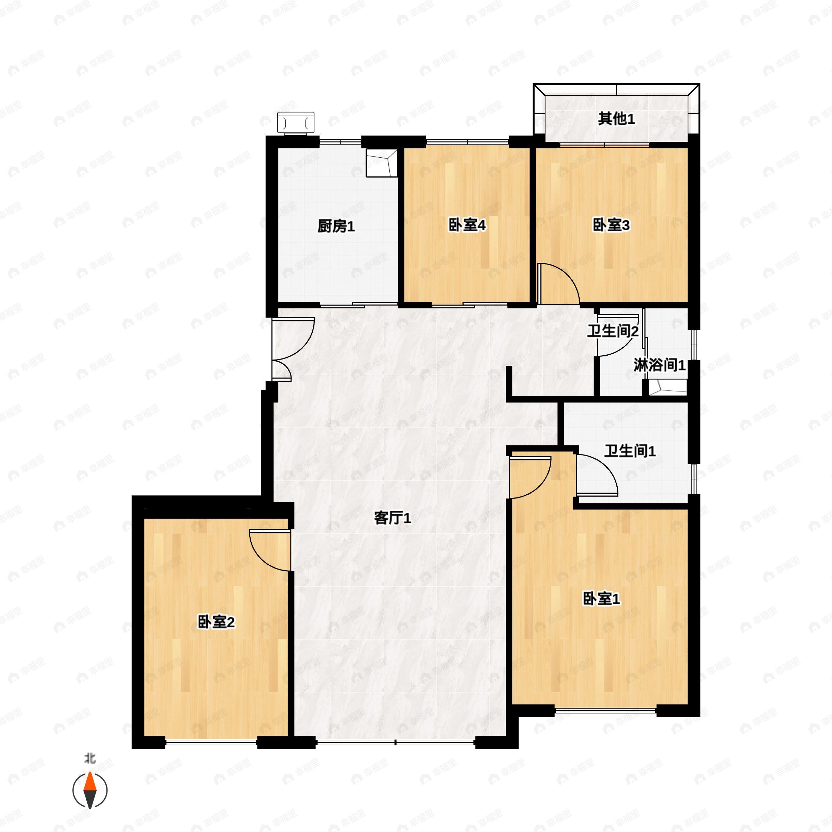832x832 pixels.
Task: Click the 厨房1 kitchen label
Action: pos(336,226)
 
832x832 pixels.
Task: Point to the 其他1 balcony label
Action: pos(616,119)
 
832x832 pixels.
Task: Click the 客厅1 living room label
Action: pos(392,519)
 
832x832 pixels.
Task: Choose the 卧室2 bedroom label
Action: pos(216,622)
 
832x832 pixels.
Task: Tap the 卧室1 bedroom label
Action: pos(601,599)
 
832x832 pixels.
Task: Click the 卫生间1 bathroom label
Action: pos(630,451)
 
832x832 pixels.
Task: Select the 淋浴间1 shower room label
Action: pos(659,366)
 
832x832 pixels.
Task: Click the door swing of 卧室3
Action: pos(558,284)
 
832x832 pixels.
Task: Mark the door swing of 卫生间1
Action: pos(596,474)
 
